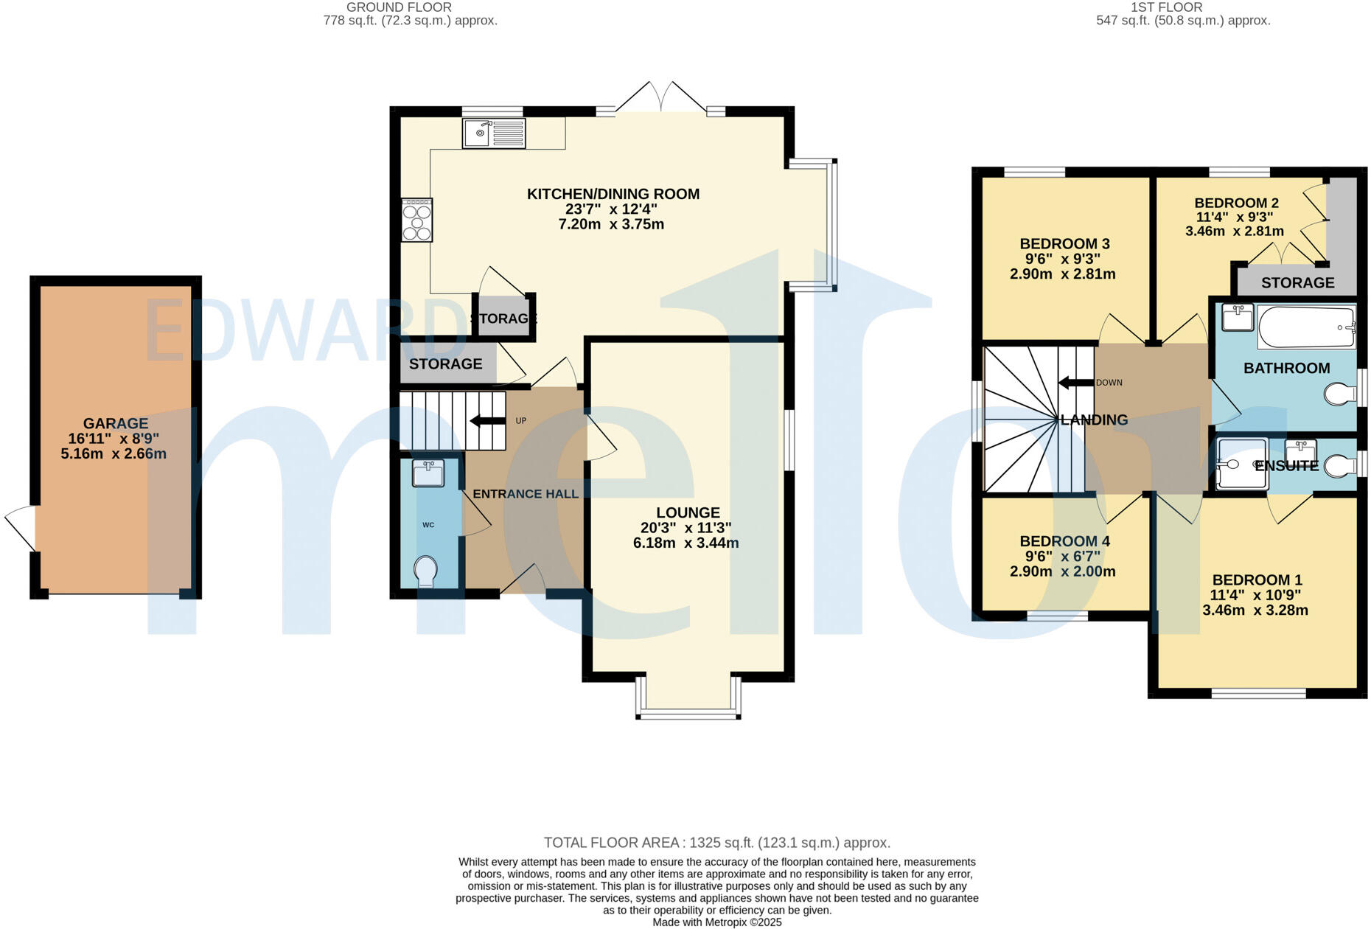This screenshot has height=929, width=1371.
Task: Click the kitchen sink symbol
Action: click(x=493, y=133)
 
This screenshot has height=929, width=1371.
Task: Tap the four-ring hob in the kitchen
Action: click(x=416, y=220)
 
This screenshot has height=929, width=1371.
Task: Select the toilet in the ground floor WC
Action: click(x=426, y=571)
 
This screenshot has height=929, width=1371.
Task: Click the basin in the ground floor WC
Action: click(x=428, y=473)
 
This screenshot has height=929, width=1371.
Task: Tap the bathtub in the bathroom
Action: click(x=1305, y=327)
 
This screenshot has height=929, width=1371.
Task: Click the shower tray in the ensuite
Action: click(x=1241, y=464)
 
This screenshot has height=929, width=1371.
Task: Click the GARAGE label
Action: click(x=116, y=423)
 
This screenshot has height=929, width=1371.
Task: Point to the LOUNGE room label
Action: click(x=688, y=512)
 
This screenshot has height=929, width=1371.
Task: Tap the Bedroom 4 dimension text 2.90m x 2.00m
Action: click(x=1062, y=571)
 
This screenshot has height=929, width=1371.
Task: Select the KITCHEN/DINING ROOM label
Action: click(x=613, y=194)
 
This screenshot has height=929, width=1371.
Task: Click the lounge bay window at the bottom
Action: click(x=688, y=711)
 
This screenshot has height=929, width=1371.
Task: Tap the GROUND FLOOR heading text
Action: click(x=399, y=7)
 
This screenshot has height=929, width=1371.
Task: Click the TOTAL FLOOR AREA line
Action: click(x=716, y=843)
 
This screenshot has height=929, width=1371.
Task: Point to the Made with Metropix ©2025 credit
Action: click(x=716, y=922)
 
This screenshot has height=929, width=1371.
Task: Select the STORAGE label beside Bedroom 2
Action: click(x=1297, y=282)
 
